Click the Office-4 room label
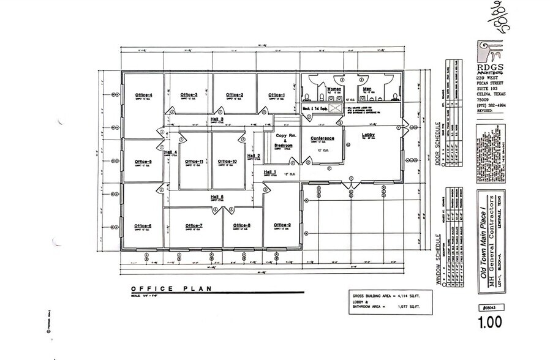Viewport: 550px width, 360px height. tap(143, 94)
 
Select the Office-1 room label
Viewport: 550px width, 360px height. tap(276, 94)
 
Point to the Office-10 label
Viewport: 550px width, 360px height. tap(227, 161)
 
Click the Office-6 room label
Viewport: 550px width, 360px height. tap(143, 226)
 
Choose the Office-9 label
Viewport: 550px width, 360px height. tap(282, 225)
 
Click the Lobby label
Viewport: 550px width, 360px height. tap(368, 135)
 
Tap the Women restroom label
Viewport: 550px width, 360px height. tap(334, 89)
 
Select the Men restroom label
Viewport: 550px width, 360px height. tap(367, 89)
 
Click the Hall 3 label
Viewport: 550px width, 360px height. tap(217, 119)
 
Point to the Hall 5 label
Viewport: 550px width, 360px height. tap(217, 197)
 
